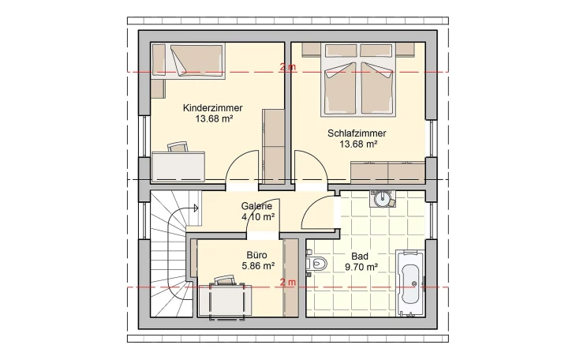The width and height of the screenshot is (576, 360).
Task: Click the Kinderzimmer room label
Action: [212, 108]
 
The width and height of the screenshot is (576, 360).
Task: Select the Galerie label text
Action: [257, 207]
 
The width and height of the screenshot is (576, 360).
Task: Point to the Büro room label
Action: [257, 255]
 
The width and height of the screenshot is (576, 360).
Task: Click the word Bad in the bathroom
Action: [360, 257]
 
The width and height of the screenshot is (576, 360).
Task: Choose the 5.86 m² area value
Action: [257, 266]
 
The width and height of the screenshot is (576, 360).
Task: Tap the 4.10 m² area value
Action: [257, 217]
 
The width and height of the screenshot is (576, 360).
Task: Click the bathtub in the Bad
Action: [410, 282]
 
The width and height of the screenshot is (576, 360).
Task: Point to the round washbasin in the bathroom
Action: [383, 197]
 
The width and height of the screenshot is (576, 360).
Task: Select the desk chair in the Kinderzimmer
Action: [178, 146]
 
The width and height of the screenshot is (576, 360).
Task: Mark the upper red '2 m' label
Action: [287, 69]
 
